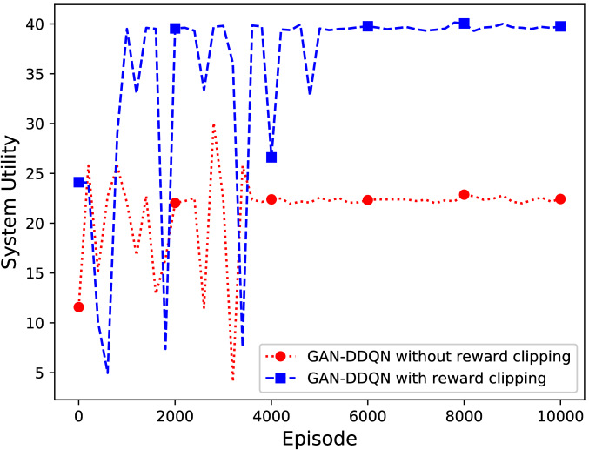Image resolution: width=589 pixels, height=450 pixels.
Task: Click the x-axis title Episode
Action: [319, 438]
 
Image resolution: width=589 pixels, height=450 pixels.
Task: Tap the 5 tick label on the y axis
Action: [41, 373]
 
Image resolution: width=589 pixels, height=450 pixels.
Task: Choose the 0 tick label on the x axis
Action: [78, 415]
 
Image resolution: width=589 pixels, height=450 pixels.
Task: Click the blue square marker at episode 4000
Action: [271, 158]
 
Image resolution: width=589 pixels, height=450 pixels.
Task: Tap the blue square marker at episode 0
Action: [78, 182]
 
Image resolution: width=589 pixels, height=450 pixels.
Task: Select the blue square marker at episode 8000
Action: [464, 24]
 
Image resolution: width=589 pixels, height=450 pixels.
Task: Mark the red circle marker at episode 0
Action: [78, 306]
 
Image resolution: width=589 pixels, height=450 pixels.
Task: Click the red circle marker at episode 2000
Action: [175, 203]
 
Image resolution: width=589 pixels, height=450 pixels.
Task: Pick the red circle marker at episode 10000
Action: [560, 199]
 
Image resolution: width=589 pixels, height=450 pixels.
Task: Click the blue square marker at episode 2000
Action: [175, 29]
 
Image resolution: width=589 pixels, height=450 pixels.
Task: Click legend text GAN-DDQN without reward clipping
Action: [442, 357]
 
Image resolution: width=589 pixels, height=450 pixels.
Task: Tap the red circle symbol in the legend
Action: [282, 357]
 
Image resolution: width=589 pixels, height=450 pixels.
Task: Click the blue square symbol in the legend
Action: [282, 378]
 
